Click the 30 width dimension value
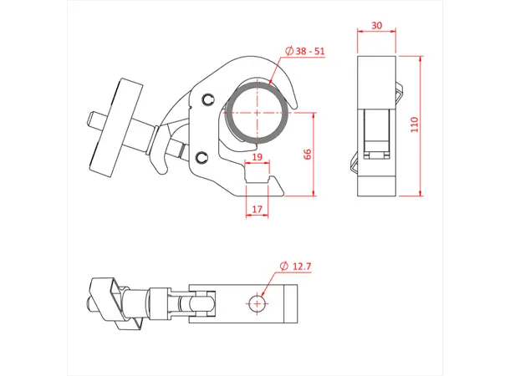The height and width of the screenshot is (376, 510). click(377, 26)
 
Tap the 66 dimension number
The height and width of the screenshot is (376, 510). click(307, 155)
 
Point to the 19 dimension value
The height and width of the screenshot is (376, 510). click(257, 157)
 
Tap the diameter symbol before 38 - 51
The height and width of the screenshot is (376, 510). click(289, 51)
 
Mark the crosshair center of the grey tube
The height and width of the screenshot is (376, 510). click(258, 114)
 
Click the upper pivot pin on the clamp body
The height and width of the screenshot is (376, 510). click(207, 101)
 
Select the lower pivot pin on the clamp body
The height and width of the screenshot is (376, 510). click(201, 158)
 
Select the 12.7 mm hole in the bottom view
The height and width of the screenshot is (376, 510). click(258, 302)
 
